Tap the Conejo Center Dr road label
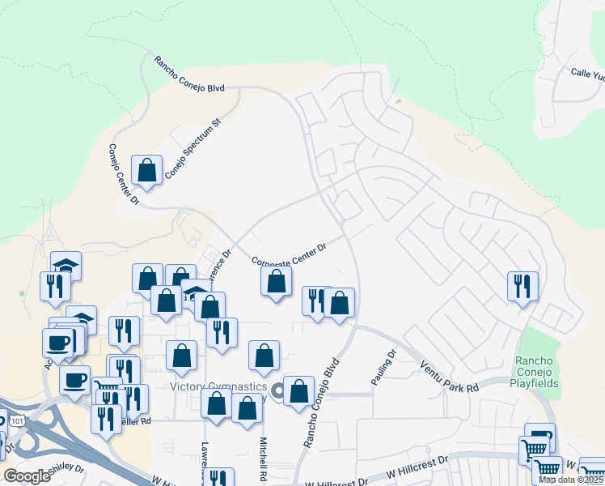(125, 173)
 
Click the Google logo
(27, 476)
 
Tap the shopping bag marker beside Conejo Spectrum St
(147, 171)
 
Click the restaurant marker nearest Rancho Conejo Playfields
(522, 286)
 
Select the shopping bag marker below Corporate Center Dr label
(277, 282)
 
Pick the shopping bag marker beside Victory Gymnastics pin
(298, 390)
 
